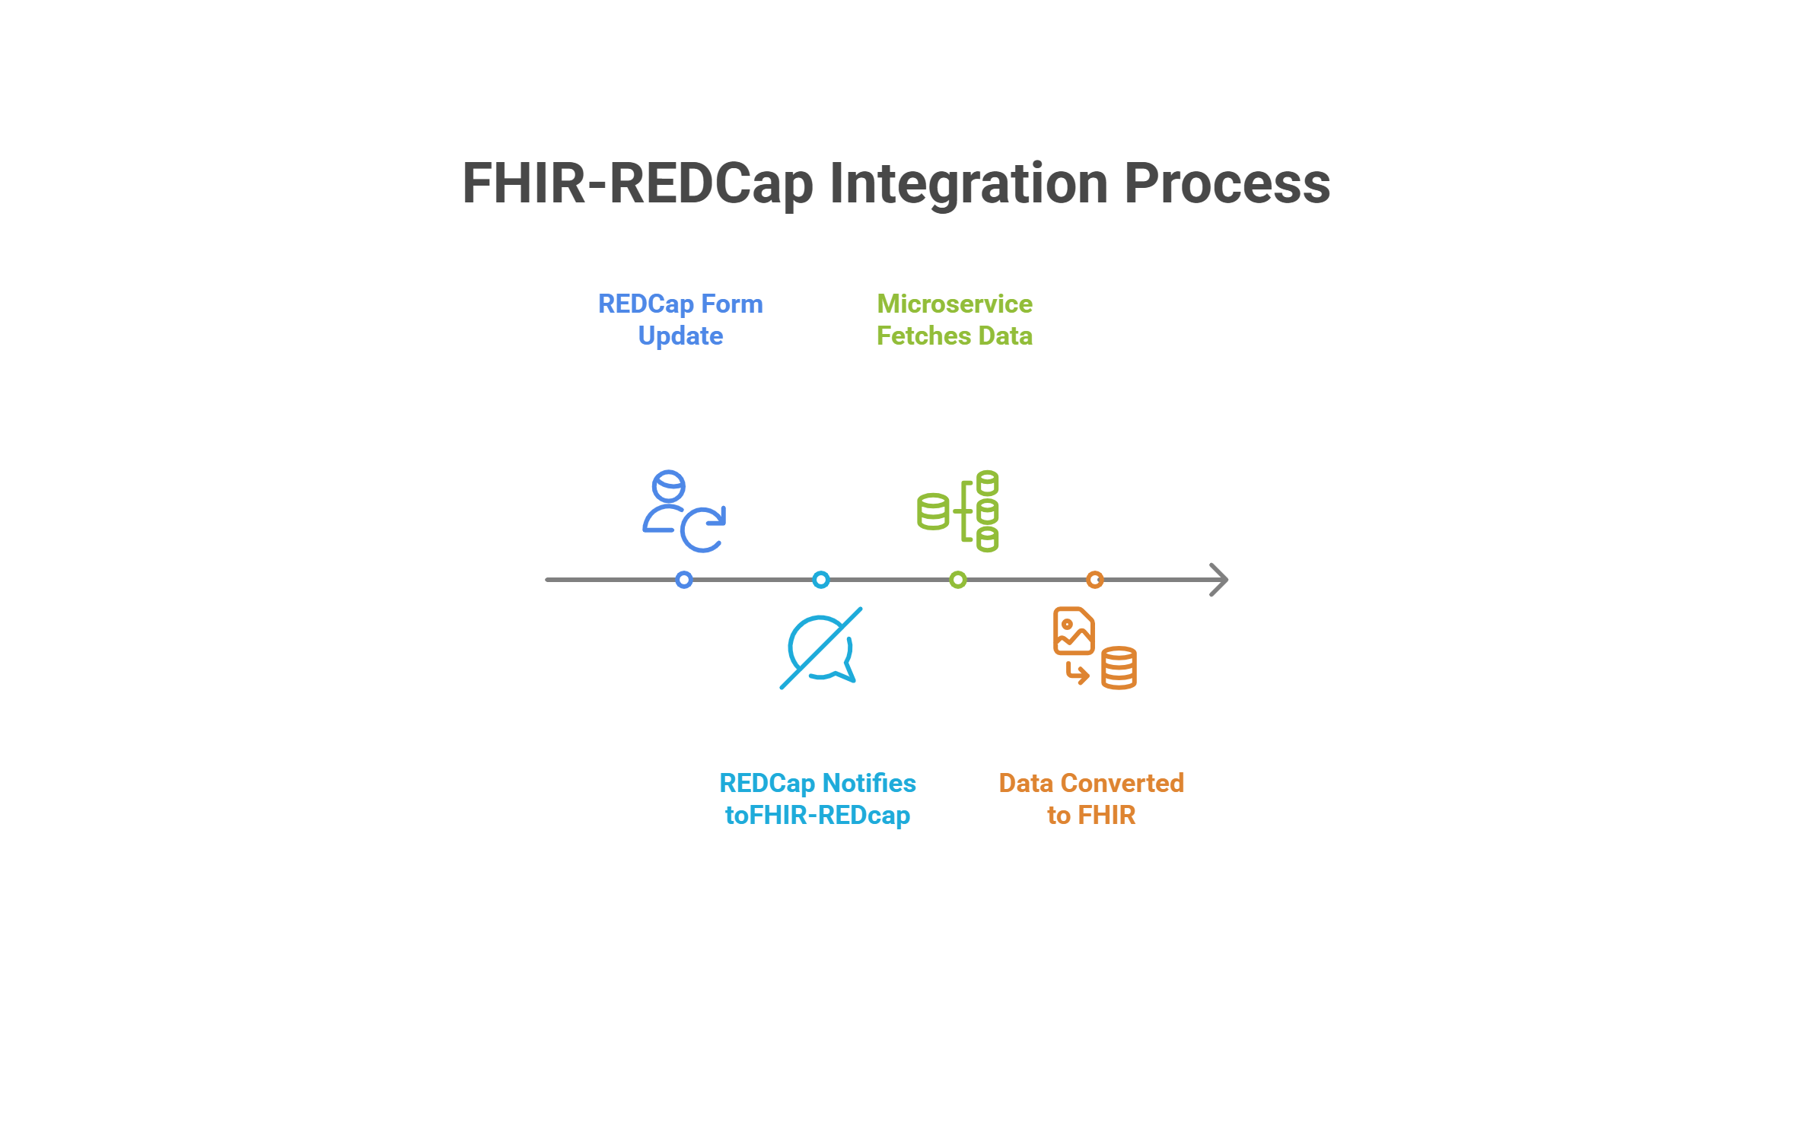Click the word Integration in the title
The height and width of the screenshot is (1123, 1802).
[968, 184]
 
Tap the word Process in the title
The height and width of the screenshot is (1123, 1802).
[1227, 184]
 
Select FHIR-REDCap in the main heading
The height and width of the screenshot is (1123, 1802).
[638, 184]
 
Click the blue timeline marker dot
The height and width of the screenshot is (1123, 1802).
[684, 580]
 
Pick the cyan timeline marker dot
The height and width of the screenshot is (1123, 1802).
[821, 580]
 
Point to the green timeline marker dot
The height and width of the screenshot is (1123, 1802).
[958, 580]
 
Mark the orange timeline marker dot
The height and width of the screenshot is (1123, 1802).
[1095, 580]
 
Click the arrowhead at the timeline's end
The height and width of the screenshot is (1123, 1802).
[1219, 580]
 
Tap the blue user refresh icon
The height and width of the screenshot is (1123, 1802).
[683, 511]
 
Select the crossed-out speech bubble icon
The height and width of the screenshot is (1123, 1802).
[821, 648]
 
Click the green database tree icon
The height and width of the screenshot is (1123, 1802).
[958, 511]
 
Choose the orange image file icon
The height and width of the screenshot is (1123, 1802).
[1073, 631]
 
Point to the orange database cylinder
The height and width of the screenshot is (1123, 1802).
[1119, 668]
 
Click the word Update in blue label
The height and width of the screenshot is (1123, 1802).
[680, 336]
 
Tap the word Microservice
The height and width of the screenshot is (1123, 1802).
[954, 304]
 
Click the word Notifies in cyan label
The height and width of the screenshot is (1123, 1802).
[869, 784]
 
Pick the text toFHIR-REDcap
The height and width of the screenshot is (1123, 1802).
[817, 816]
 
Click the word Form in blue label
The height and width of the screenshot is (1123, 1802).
[731, 304]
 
